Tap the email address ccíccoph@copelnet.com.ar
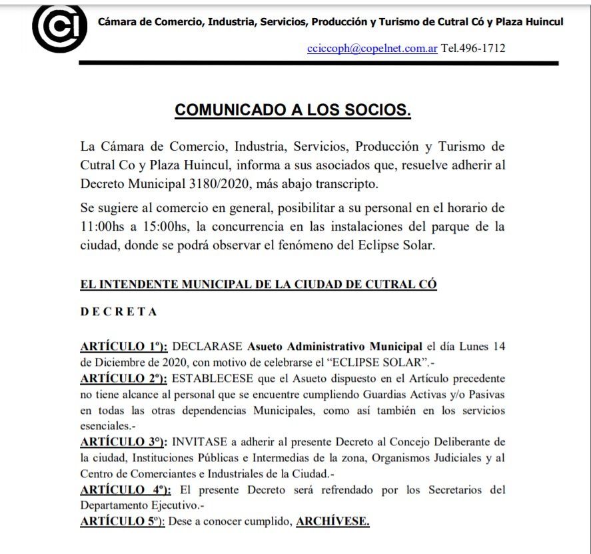click(372, 49)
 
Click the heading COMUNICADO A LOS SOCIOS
click(293, 110)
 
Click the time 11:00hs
click(106, 227)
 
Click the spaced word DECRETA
click(119, 312)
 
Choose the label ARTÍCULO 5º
click(122, 522)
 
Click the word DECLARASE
click(207, 347)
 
